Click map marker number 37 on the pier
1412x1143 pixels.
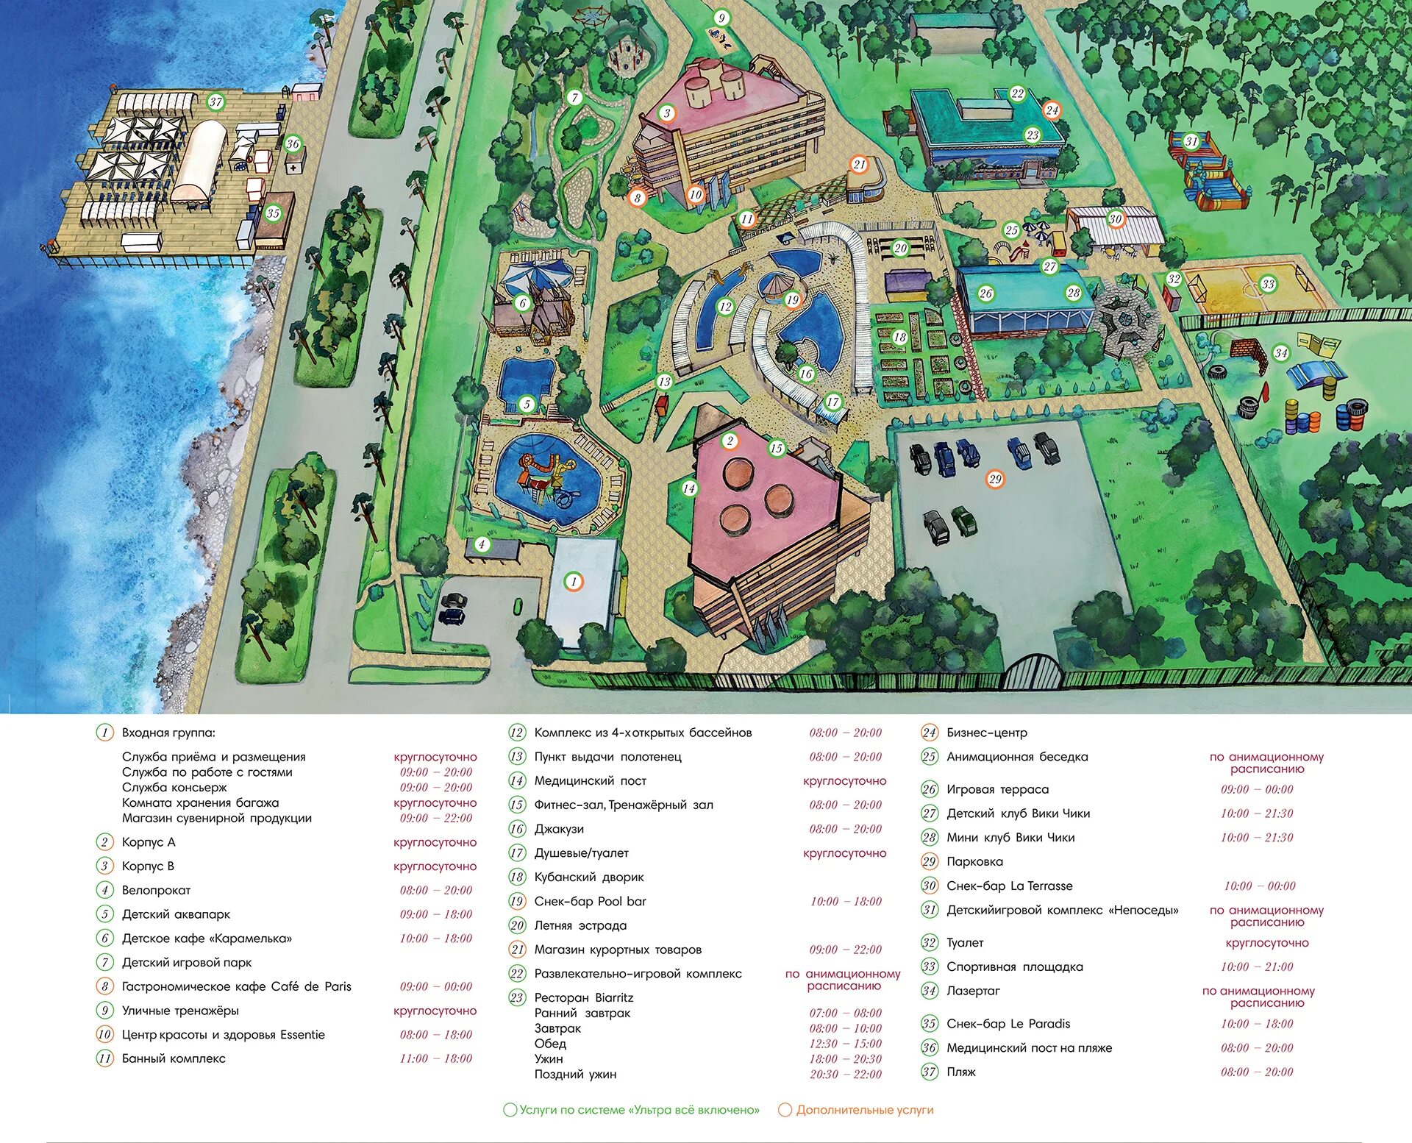click(215, 102)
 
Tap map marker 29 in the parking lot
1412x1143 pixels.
click(995, 479)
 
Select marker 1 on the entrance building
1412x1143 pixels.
click(574, 582)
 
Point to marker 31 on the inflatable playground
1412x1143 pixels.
click(1191, 141)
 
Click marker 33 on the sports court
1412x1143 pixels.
click(1268, 284)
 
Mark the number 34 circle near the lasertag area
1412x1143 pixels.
click(1281, 352)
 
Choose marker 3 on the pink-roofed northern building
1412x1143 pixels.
click(667, 113)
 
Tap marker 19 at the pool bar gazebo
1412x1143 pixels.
click(792, 299)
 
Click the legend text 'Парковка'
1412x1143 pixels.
click(974, 861)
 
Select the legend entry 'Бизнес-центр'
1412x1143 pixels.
click(986, 733)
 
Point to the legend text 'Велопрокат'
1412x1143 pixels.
click(156, 890)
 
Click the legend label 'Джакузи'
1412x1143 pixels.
click(559, 829)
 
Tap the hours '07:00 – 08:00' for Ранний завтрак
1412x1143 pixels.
click(845, 1013)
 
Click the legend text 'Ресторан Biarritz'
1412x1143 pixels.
click(583, 997)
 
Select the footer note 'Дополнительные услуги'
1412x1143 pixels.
click(864, 1110)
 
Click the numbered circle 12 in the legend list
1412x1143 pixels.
click(517, 733)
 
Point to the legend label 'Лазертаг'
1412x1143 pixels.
click(973, 991)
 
